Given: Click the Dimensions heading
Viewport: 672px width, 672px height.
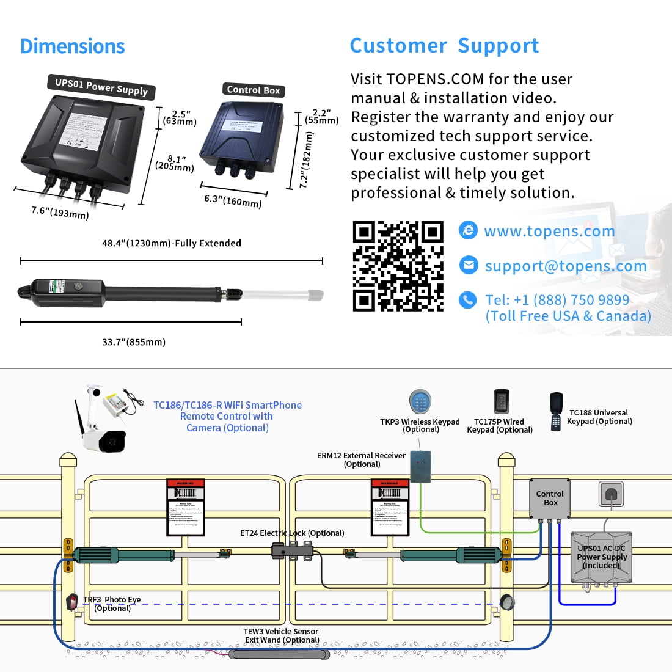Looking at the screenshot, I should pos(72,46).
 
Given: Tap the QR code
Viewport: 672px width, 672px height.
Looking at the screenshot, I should pos(398,266).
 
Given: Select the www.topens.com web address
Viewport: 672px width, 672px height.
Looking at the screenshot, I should pos(549,231).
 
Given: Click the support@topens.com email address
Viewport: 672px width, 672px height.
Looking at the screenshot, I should pos(565,266).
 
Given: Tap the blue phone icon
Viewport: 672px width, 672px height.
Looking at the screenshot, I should pos(468,299).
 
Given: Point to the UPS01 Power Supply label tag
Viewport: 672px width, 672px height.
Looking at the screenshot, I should pos(101,87).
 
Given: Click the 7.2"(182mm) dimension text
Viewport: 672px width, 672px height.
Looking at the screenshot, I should pos(307,160).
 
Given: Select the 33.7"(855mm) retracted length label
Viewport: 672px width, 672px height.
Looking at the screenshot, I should pos(134,342).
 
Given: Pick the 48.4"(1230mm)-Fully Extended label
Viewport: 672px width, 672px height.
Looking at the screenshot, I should pos(172,243).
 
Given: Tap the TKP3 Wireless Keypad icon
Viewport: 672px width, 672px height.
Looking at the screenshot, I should pos(420,402).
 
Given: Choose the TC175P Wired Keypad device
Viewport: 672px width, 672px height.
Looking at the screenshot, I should pos(502,401).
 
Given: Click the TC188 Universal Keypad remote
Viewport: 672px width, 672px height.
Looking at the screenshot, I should pos(556,411).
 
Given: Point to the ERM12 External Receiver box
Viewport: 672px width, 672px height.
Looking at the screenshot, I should pos(420,467).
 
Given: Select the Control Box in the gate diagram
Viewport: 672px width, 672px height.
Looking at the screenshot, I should pos(549,498).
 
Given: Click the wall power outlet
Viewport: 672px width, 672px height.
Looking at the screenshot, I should pos(611,492).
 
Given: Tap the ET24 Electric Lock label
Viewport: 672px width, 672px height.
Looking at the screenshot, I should pos(292,533).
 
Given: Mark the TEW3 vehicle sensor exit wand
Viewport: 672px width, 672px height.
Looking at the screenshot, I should pos(279,654).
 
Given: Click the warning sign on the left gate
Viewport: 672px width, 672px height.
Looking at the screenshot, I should pos(185,507).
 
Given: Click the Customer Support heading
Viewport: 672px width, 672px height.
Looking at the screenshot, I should pos(444,46).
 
